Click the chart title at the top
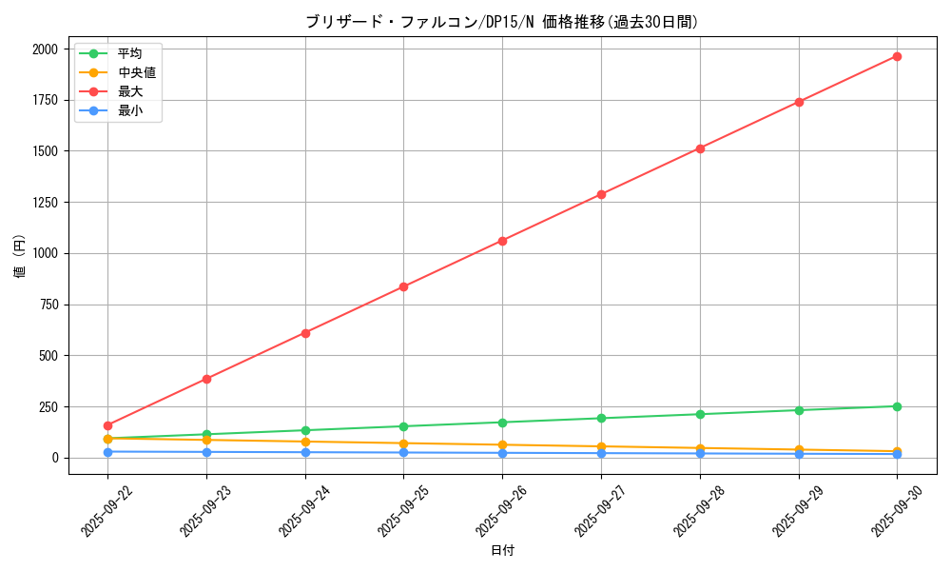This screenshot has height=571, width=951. (502, 22)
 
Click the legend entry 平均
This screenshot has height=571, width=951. (130, 53)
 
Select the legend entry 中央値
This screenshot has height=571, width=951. (137, 72)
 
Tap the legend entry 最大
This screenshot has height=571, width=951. (130, 91)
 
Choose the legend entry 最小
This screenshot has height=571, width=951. (130, 111)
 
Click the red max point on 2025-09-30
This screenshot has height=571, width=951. (897, 56)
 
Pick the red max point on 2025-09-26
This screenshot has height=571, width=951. (502, 241)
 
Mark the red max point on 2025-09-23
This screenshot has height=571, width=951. (206, 379)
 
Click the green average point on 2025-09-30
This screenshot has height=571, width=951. (897, 406)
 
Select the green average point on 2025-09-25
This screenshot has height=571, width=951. (403, 426)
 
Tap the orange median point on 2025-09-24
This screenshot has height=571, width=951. (305, 442)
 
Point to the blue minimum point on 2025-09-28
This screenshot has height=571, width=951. (700, 453)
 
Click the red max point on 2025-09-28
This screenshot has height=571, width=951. (700, 148)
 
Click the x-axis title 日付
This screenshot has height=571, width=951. (502, 551)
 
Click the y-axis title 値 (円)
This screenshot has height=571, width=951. (20, 257)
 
